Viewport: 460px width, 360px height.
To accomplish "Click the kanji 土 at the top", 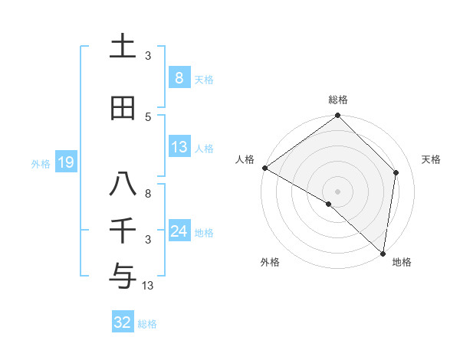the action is (x=123, y=46).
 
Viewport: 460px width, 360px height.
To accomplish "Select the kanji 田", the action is (x=123, y=108).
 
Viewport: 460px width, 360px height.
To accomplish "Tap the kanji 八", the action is (x=123, y=185).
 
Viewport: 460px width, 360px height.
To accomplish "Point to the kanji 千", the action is (x=123, y=231).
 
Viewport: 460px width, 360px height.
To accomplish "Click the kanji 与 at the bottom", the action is (x=123, y=275).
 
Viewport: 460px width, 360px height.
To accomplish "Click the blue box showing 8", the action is (x=179, y=77).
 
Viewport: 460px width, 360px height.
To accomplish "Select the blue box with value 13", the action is (x=179, y=147).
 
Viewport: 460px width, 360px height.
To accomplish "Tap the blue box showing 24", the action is (x=179, y=231).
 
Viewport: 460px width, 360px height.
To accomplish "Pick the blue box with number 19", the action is (x=65, y=162).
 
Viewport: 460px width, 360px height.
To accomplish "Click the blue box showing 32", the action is (x=123, y=322).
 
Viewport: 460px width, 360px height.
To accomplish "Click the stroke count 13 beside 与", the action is (x=148, y=286).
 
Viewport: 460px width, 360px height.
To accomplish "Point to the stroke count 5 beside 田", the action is (x=148, y=116).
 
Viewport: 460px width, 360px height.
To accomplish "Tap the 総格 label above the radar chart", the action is (x=338, y=100).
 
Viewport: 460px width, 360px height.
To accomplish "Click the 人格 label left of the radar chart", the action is (x=245, y=159).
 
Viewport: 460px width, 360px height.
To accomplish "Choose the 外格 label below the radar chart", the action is (x=270, y=263).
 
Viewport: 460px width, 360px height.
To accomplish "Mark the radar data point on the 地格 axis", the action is (x=383, y=253).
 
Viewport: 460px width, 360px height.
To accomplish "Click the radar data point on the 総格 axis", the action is (x=338, y=116).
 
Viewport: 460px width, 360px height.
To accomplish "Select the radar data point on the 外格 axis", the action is (x=329, y=204).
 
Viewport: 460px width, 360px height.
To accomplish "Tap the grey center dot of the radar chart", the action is (x=338, y=191).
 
